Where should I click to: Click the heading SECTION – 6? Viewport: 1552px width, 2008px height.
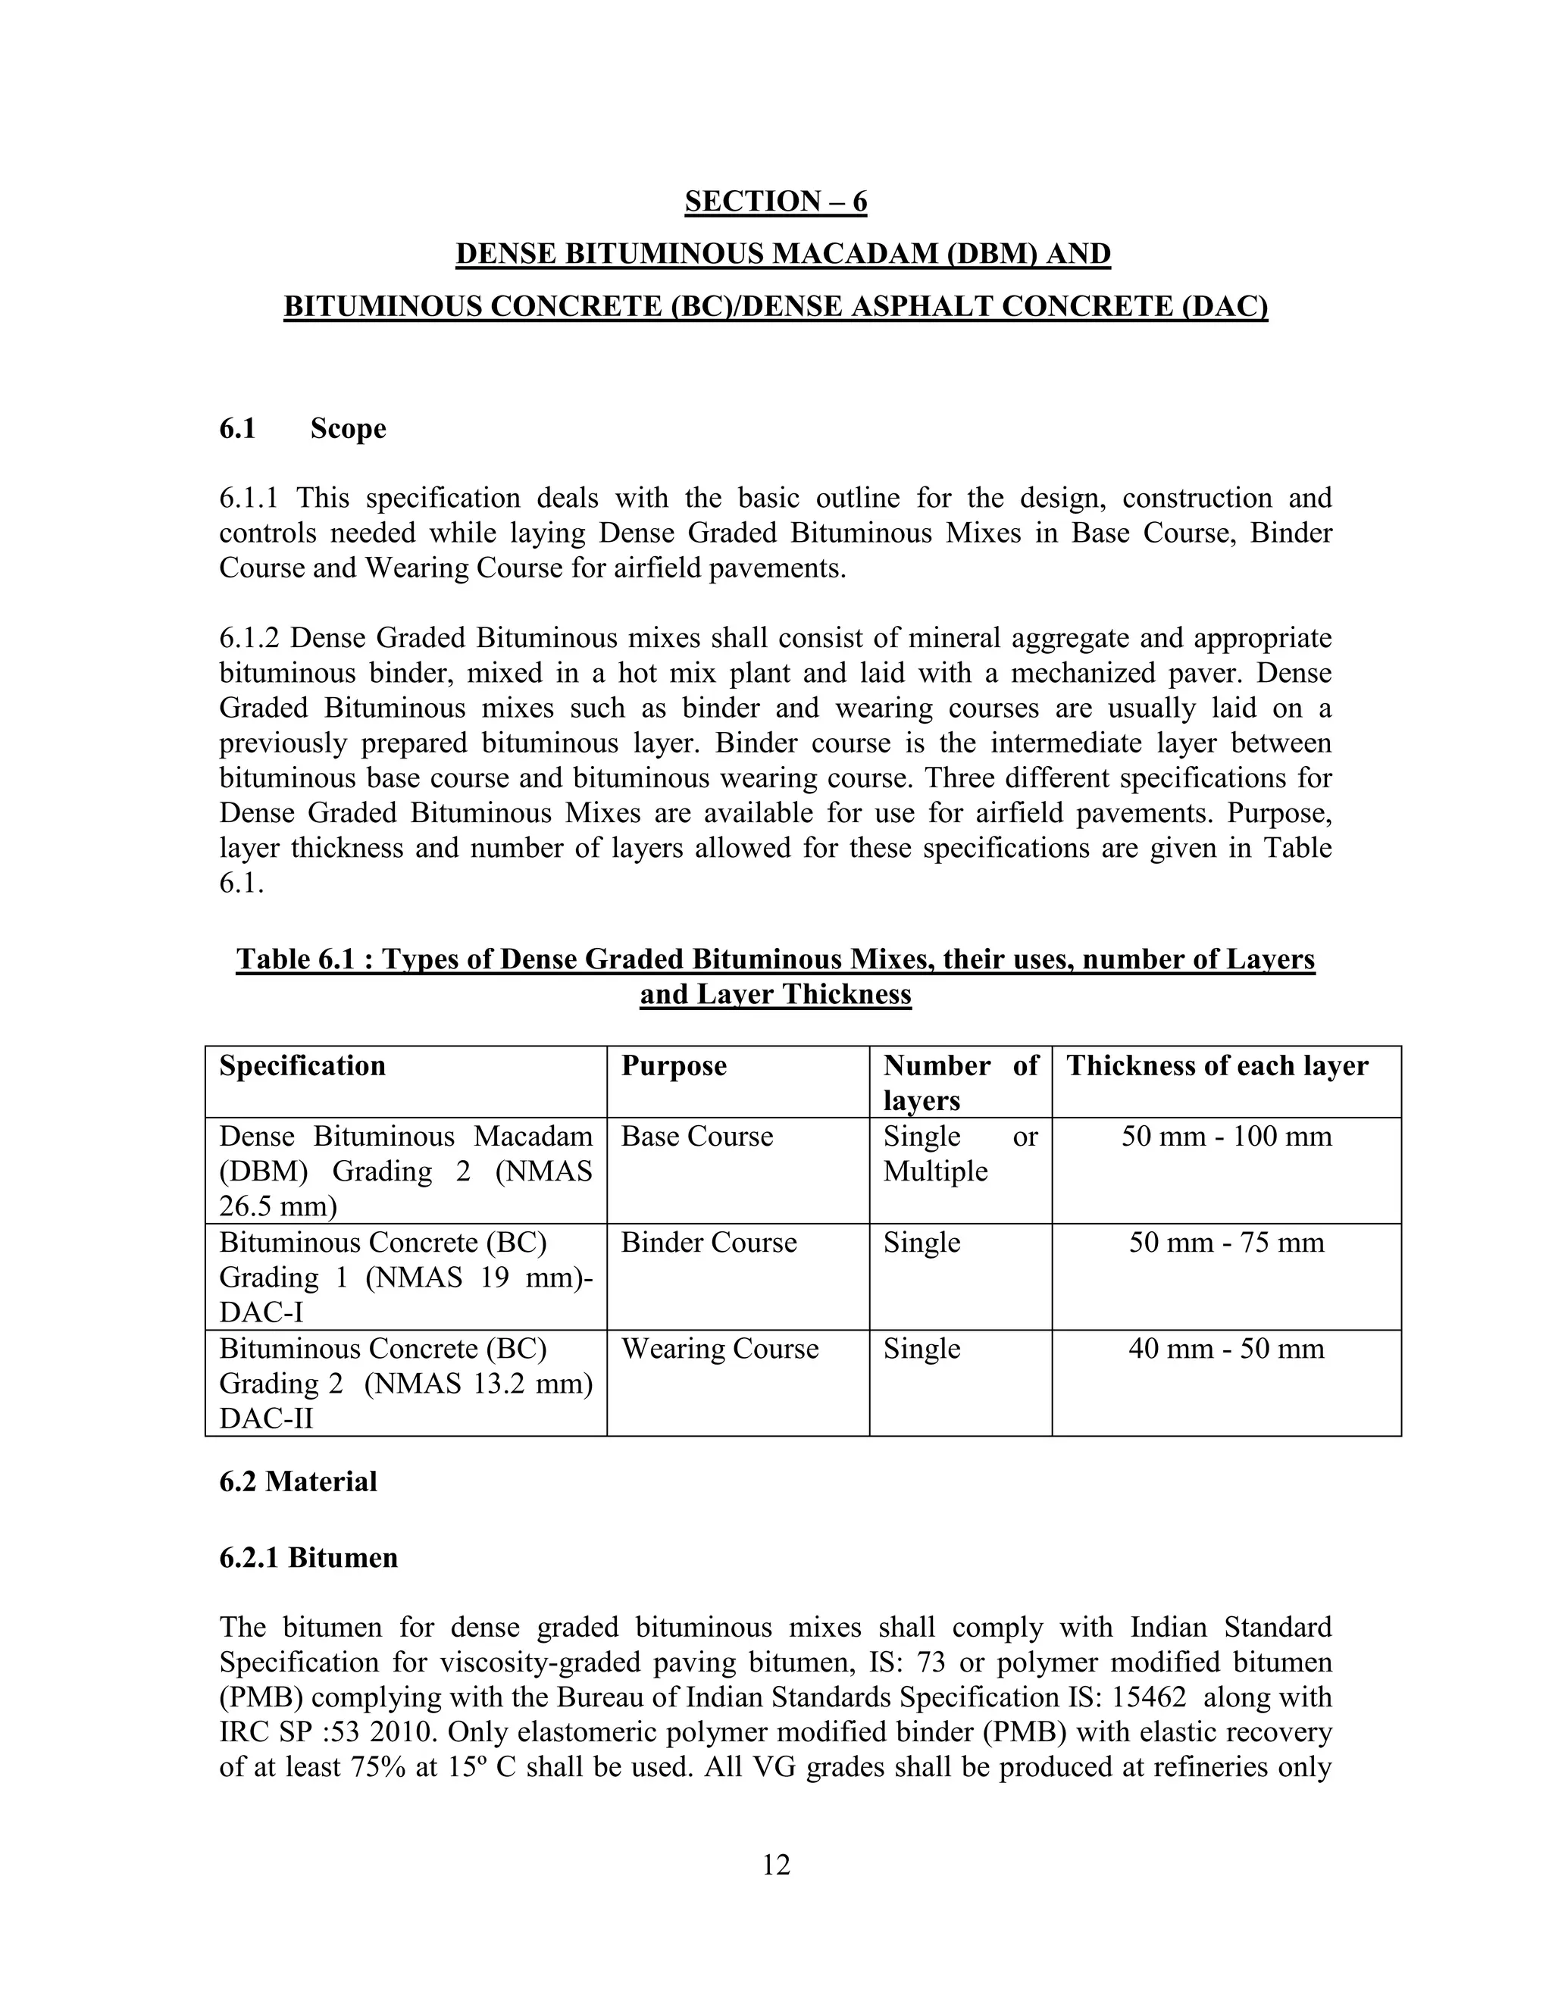775,202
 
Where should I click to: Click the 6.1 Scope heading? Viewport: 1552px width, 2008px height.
302,428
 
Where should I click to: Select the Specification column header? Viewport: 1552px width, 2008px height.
302,1065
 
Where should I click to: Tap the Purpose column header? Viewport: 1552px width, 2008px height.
674,1065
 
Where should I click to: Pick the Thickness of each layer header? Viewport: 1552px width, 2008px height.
1216,1065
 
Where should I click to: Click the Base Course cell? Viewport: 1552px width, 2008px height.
697,1137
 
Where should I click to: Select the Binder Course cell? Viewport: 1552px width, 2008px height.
709,1243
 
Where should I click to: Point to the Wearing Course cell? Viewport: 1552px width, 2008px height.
720,1349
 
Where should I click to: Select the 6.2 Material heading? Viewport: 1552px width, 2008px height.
298,1481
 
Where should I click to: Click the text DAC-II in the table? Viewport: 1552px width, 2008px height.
266,1418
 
